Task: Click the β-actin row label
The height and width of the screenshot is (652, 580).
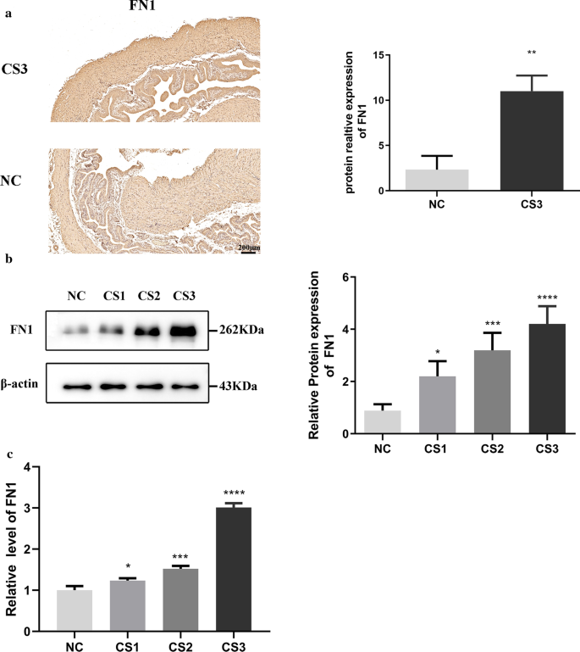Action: (21, 386)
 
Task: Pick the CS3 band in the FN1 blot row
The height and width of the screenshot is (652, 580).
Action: (184, 329)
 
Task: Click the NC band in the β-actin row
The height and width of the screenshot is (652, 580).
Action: (77, 387)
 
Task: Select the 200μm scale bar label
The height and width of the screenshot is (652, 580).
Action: (249, 247)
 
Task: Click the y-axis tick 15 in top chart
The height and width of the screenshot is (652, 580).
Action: (367, 55)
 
